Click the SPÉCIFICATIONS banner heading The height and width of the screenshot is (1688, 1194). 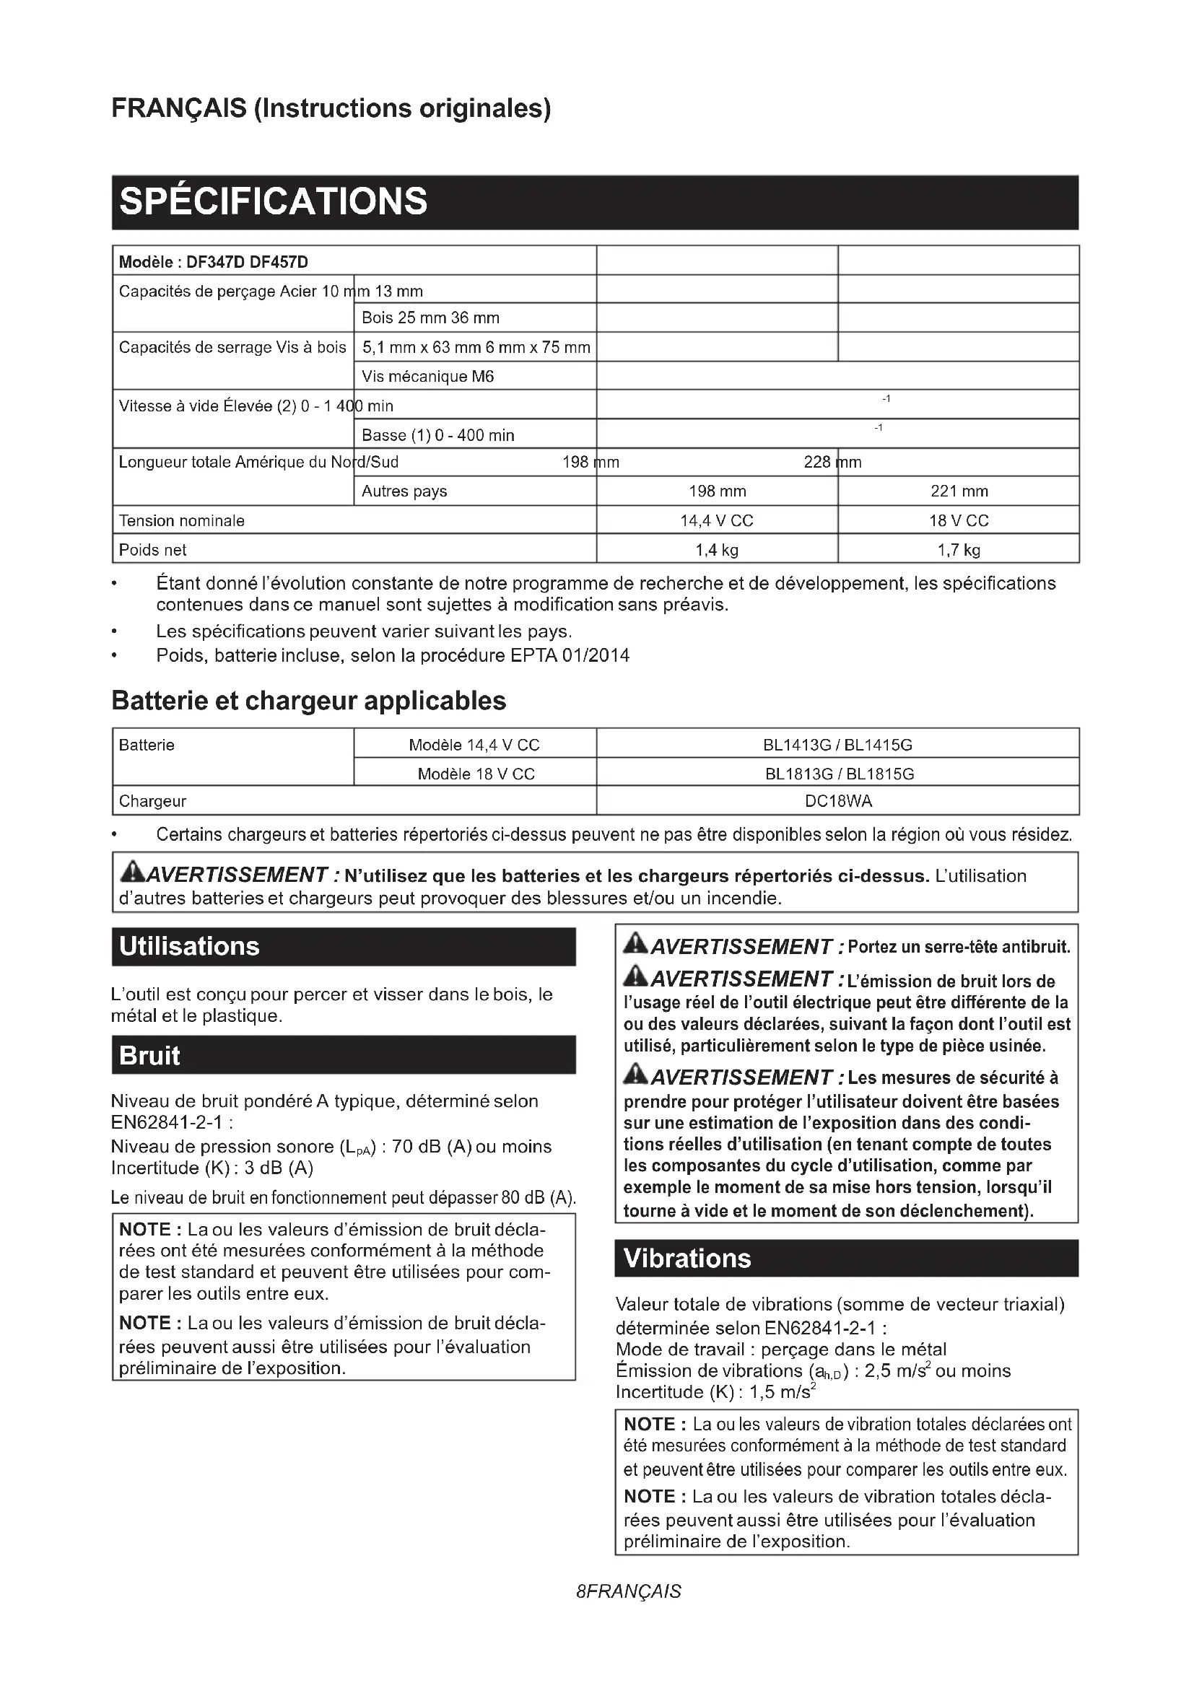click(273, 201)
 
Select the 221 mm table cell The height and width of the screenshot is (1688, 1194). click(959, 491)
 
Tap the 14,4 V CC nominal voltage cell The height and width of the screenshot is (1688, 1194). click(716, 520)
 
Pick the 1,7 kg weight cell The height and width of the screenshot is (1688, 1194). click(959, 550)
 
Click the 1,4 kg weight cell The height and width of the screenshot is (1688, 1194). click(716, 550)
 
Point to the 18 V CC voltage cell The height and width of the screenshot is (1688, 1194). click(959, 520)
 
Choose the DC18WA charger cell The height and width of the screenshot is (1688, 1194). click(838, 801)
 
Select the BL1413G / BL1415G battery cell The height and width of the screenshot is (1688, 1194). click(837, 745)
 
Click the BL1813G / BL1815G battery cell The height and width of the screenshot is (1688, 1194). click(839, 774)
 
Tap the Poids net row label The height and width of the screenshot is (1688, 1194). click(153, 550)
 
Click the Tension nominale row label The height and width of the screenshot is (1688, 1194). click(182, 520)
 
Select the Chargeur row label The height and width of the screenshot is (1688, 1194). click(153, 801)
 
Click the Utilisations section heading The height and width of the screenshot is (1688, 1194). click(190, 946)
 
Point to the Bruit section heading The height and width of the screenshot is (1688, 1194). click(149, 1055)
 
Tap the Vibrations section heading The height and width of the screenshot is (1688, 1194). click(687, 1258)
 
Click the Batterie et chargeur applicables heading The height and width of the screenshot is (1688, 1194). click(309, 701)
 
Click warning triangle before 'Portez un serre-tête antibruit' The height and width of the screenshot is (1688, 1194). click(635, 943)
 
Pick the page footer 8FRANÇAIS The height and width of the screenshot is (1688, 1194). click(629, 1592)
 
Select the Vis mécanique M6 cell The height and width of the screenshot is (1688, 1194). click(428, 377)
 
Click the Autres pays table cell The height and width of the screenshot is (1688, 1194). click(404, 491)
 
